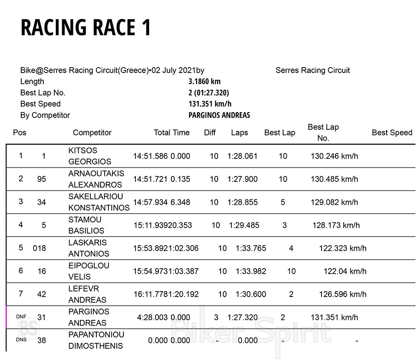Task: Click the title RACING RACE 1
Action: tap(85, 28)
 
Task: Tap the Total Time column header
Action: tap(171, 133)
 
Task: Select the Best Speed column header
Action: tap(392, 133)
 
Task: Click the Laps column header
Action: tap(239, 133)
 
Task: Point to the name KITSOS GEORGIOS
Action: tap(90, 156)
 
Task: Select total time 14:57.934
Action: tap(150, 202)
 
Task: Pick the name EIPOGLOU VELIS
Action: tap(89, 271)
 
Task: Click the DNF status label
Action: tap(21, 317)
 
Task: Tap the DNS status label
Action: tap(21, 340)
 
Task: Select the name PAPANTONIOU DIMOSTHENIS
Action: tap(96, 340)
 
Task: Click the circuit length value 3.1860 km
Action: tap(204, 82)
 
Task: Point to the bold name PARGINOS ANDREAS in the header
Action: tap(219, 115)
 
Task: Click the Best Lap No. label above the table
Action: tap(43, 93)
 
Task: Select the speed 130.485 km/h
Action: tap(334, 179)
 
